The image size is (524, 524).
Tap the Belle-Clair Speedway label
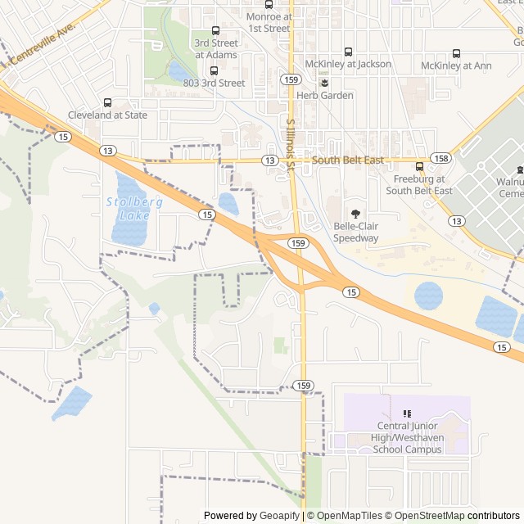tap(355, 233)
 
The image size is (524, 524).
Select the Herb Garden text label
tap(325, 96)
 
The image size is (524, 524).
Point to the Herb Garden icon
tap(325, 83)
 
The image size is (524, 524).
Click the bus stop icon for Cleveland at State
tap(107, 103)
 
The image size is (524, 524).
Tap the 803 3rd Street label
tap(214, 84)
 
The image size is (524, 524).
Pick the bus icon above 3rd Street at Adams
tap(216, 30)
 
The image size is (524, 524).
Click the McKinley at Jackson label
tap(348, 64)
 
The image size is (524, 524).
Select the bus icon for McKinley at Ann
tap(456, 53)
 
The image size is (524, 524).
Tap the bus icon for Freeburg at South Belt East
tap(419, 167)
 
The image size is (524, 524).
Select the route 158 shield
tap(440, 158)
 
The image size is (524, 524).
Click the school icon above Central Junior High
tap(407, 413)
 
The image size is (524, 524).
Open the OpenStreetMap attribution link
tap(426, 516)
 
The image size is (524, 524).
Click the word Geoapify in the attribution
tap(280, 516)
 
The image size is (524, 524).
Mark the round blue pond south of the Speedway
tap(428, 295)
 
